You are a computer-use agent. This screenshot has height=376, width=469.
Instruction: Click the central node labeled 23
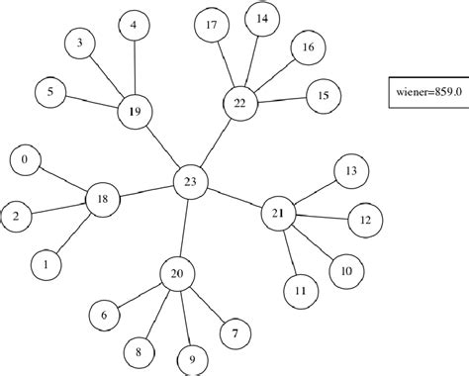point(191,181)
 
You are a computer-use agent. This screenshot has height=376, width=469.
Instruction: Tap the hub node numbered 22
point(238,103)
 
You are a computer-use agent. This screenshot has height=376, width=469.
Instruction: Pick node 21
point(279,212)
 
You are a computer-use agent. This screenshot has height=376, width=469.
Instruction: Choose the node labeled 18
point(102,200)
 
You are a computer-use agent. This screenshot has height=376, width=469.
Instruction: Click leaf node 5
point(50,92)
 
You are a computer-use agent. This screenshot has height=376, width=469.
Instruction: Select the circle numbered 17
point(211,27)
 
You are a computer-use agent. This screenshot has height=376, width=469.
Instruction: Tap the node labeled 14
point(261,19)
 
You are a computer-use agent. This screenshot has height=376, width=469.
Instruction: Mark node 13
point(351,170)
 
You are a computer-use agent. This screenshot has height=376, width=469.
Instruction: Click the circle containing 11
point(301,291)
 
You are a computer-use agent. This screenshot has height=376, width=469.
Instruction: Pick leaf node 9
point(192,358)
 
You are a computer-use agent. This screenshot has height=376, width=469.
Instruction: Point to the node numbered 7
point(234,333)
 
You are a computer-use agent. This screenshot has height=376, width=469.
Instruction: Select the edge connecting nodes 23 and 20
point(184,228)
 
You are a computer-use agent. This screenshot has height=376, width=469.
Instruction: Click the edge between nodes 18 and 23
point(146,190)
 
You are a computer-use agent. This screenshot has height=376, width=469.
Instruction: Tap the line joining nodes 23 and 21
point(235,197)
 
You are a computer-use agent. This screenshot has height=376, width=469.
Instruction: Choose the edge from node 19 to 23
point(163,146)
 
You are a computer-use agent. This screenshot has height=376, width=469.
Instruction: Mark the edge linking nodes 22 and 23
point(215,141)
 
